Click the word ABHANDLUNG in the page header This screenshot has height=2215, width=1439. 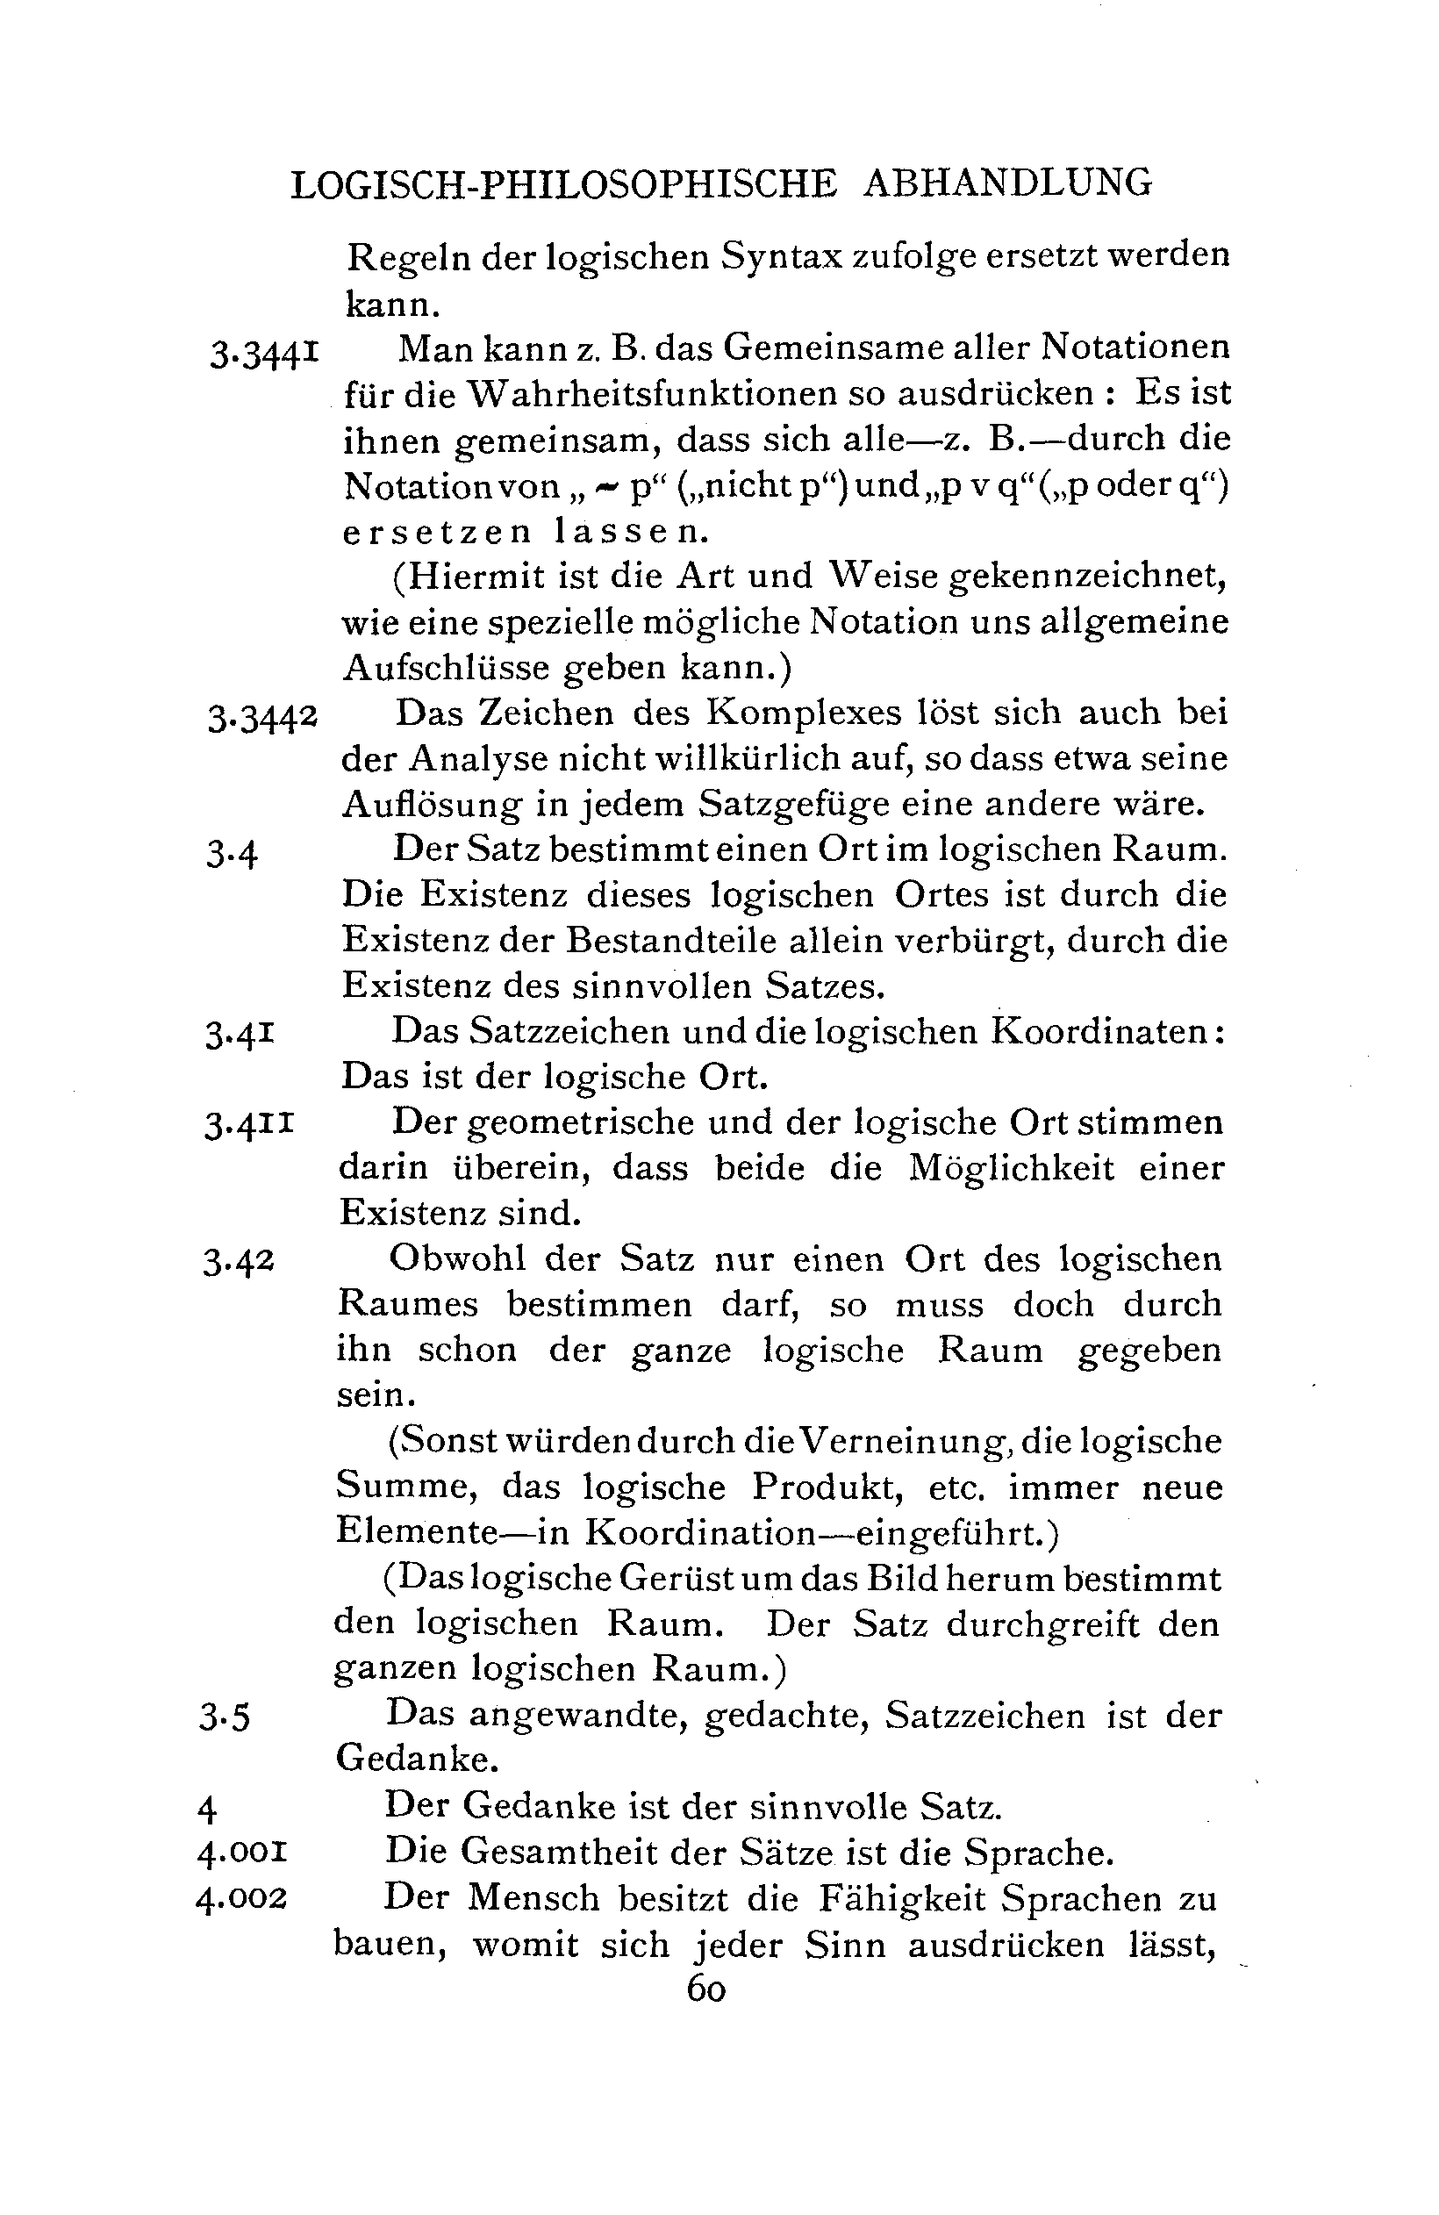(1007, 183)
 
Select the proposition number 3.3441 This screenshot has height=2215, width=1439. (264, 354)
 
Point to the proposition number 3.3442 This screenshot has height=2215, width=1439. (262, 718)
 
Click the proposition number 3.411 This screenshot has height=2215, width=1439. (249, 1126)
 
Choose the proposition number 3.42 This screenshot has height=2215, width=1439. (239, 1262)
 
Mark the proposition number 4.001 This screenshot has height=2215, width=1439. (242, 1853)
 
